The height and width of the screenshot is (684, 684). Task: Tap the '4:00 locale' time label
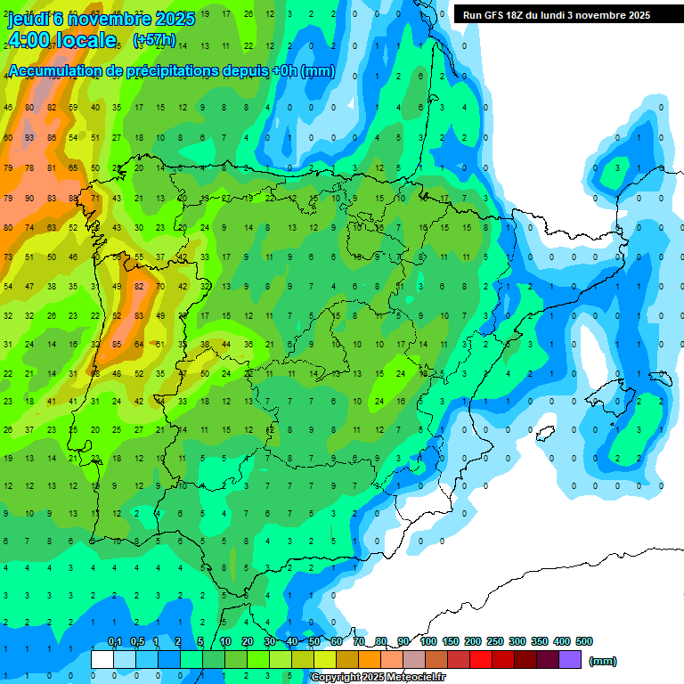pyautogui.click(x=62, y=40)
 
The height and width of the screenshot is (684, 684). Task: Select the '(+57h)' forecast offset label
pyautogui.click(x=153, y=41)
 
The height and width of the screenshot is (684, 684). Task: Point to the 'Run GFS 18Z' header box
pyautogui.click(x=557, y=15)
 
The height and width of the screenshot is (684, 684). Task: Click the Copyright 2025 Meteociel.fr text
pyautogui.click(x=378, y=678)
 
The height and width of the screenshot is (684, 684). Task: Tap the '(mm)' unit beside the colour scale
pyautogui.click(x=603, y=661)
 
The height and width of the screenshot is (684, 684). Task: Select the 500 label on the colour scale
pyautogui.click(x=583, y=641)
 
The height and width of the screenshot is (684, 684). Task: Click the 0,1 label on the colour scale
pyautogui.click(x=114, y=641)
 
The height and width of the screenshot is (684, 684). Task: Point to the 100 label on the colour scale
pyautogui.click(x=427, y=641)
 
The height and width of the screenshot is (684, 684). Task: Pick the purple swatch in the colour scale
pyautogui.click(x=570, y=659)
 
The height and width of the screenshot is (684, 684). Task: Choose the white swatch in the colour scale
pyautogui.click(x=102, y=659)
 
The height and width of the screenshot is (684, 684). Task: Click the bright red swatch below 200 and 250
pyautogui.click(x=481, y=659)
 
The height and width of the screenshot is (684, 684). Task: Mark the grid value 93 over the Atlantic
pyautogui.click(x=29, y=138)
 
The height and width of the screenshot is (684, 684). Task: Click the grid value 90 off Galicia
pyautogui.click(x=29, y=198)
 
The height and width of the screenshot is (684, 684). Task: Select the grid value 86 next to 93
pyautogui.click(x=51, y=138)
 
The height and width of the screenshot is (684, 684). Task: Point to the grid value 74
pyautogui.click(x=29, y=228)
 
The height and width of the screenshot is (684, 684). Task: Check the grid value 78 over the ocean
pyautogui.click(x=29, y=168)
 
